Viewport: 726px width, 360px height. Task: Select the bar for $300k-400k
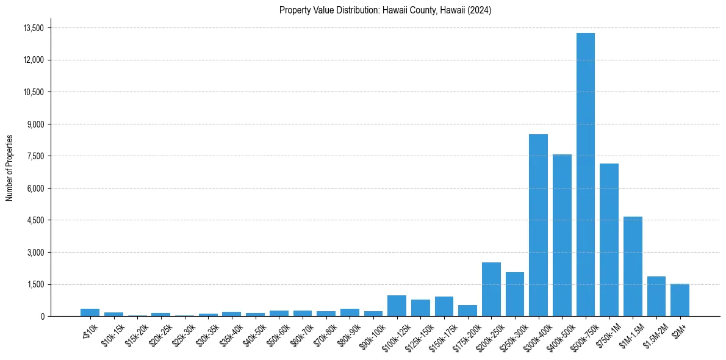[538, 225]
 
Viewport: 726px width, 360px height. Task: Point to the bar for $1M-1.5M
[633, 266]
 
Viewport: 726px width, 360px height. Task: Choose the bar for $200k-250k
[491, 289]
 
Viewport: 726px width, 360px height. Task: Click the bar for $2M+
[680, 300]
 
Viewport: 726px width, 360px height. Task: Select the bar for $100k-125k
[397, 306]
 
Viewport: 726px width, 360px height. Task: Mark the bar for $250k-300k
[515, 294]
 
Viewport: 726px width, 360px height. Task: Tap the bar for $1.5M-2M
[656, 296]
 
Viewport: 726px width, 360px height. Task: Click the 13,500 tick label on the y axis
[33, 28]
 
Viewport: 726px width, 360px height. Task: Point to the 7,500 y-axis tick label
[35, 156]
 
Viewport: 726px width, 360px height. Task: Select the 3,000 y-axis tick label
[35, 252]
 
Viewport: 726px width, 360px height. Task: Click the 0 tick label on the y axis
[42, 316]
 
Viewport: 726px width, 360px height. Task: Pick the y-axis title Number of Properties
[10, 167]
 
